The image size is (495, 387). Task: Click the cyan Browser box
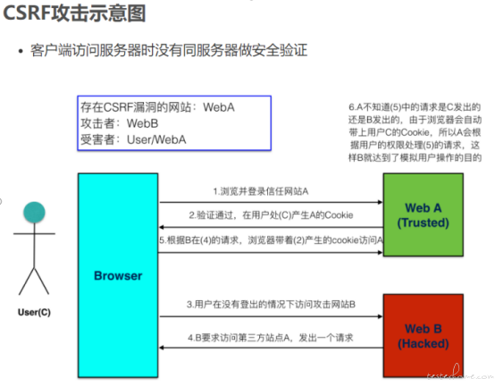[118, 275]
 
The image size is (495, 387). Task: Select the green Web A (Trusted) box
[424, 215]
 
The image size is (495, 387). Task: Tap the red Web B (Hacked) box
[424, 335]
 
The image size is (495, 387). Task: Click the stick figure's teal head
[34, 212]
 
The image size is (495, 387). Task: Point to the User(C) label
[34, 312]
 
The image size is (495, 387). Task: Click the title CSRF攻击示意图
[74, 13]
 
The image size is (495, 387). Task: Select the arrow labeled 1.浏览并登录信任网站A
[271, 202]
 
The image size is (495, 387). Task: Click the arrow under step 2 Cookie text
[271, 227]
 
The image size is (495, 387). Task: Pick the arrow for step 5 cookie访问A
[270, 252]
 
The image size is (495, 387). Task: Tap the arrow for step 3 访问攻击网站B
[271, 316]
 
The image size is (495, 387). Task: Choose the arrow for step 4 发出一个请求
[271, 348]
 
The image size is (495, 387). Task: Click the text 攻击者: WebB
[120, 123]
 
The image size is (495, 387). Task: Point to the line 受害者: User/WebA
[133, 139]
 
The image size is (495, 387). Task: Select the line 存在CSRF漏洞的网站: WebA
[157, 107]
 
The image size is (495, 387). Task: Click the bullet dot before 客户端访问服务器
[21, 51]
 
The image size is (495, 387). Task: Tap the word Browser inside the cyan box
[118, 275]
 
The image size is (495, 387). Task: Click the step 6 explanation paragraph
[415, 132]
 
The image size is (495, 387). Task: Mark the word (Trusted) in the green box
[423, 223]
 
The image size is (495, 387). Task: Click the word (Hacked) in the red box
[424, 343]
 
